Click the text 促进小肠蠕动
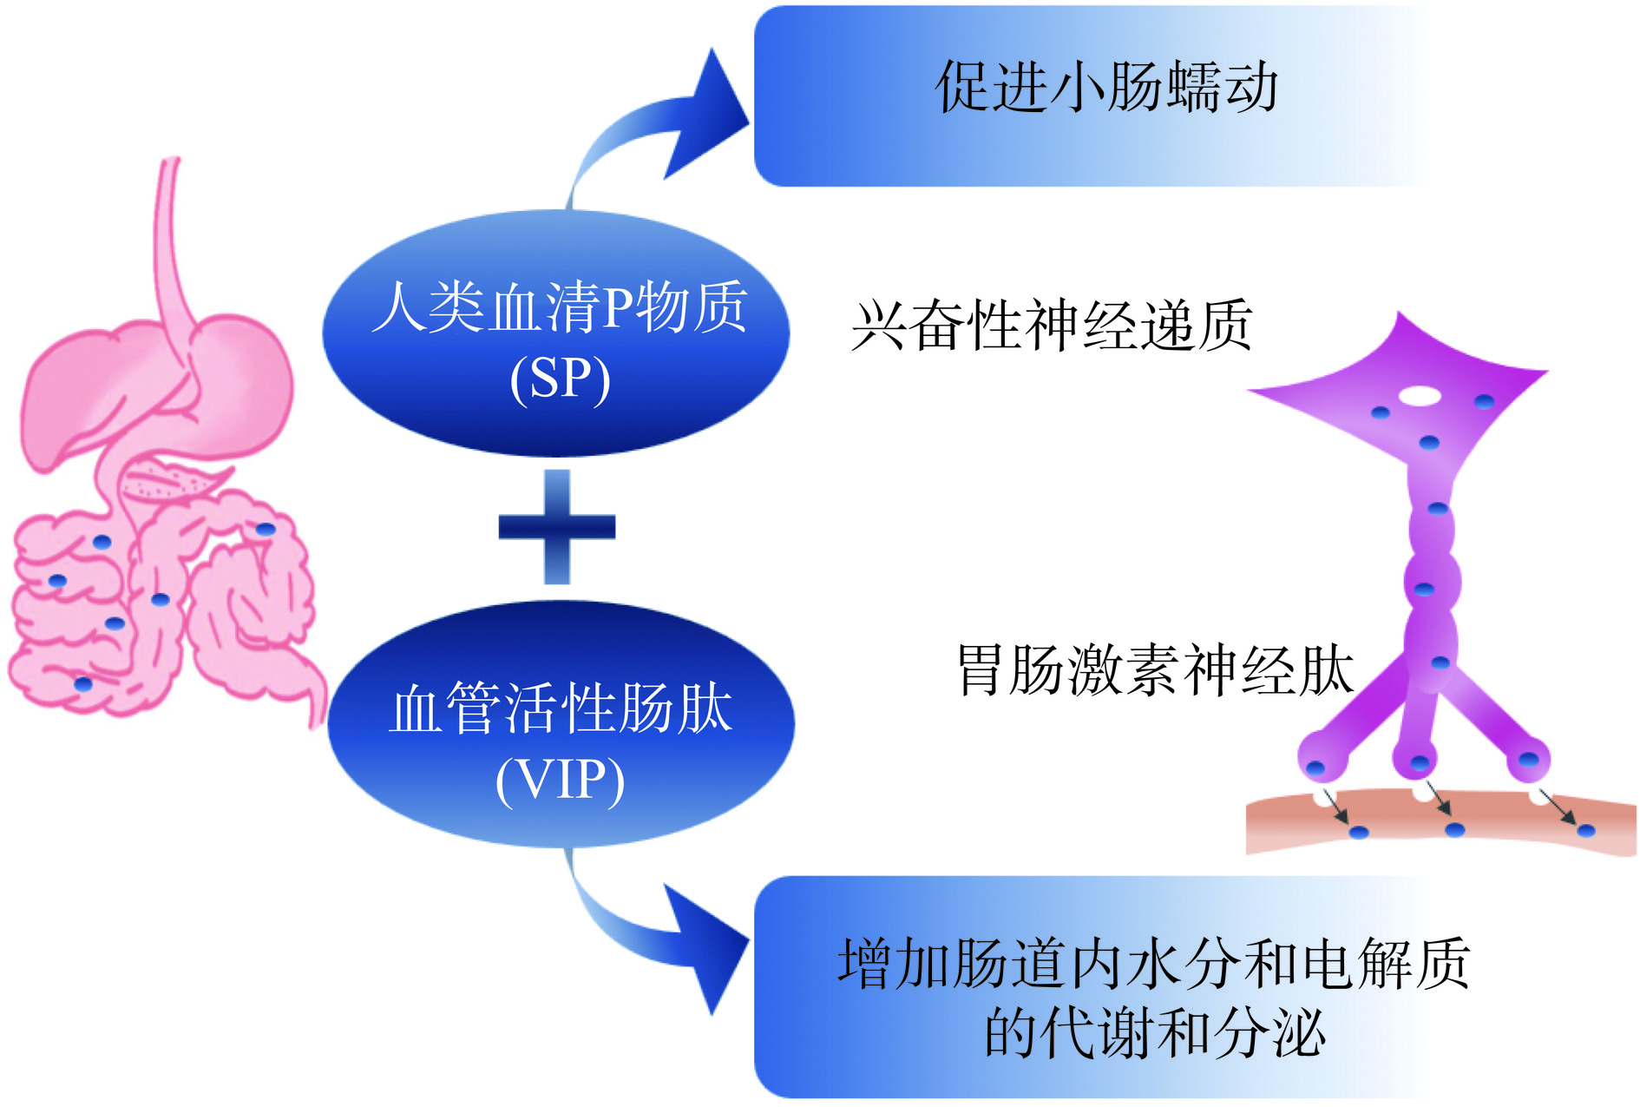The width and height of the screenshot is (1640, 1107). point(1106,88)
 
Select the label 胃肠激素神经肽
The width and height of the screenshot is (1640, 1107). point(1155,670)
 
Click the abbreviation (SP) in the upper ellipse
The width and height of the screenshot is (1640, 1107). point(560,379)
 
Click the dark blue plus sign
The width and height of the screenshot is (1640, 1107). point(557,526)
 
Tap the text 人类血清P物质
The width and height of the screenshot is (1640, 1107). point(560,306)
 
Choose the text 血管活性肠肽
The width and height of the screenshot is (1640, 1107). point(560,708)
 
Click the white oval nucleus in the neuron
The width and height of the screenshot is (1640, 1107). point(1420,396)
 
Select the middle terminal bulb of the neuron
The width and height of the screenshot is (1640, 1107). point(1417,761)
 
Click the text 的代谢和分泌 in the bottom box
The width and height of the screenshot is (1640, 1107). point(1154,1033)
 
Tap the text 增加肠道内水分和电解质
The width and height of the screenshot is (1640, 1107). point(1154,964)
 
